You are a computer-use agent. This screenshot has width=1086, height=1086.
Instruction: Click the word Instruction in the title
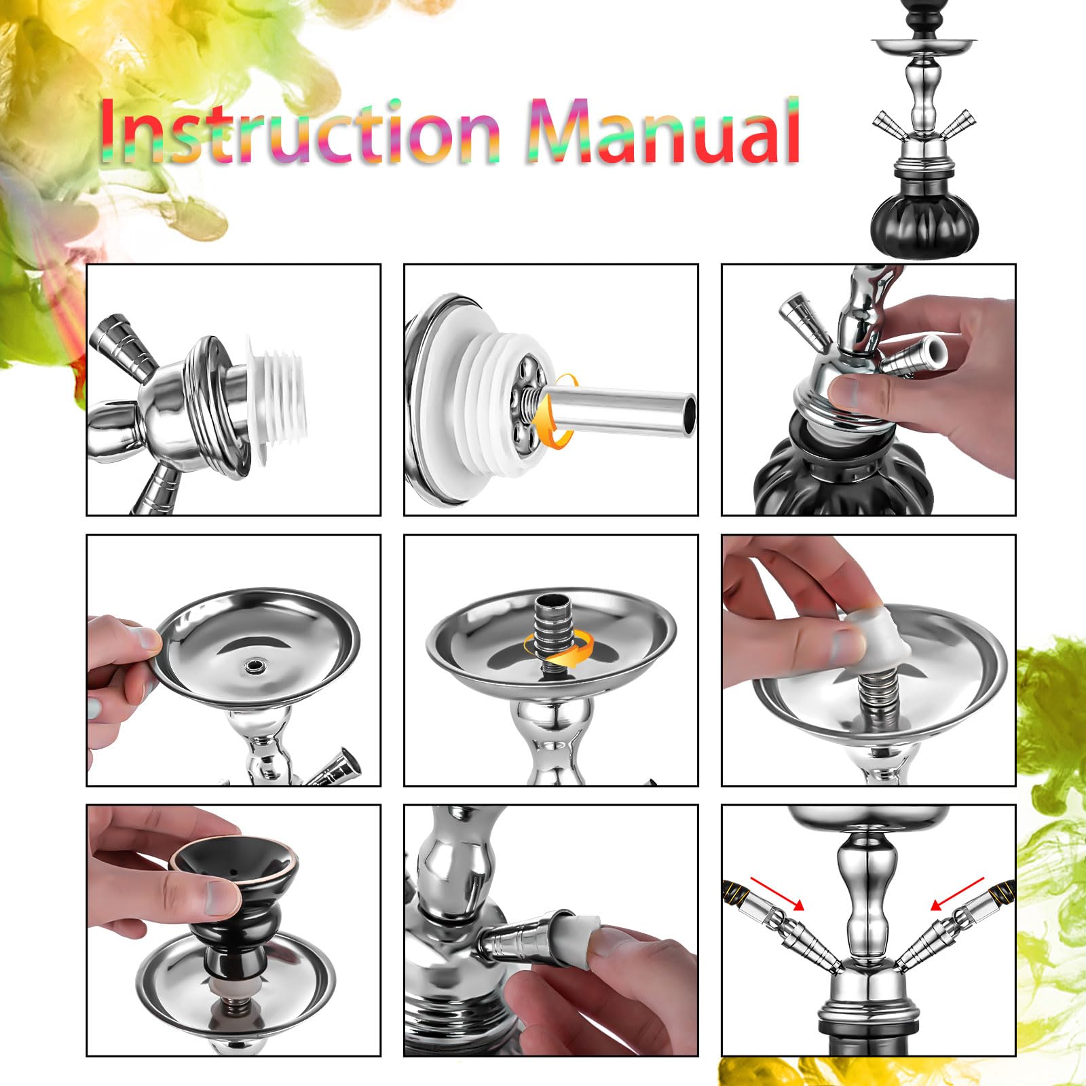301,130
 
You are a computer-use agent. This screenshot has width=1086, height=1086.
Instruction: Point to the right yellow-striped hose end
1000,889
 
